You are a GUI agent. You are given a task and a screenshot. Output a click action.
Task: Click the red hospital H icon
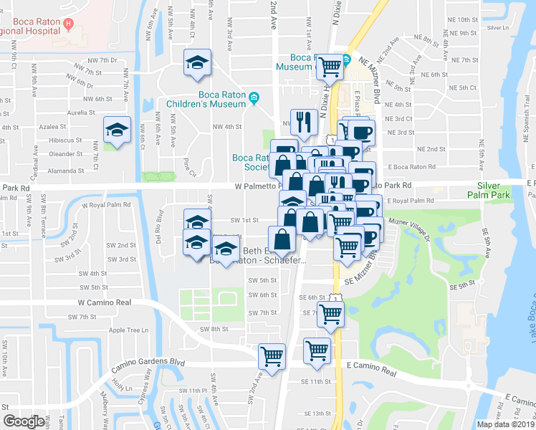[68, 24]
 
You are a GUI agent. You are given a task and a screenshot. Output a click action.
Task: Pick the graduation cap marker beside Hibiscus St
[117, 130]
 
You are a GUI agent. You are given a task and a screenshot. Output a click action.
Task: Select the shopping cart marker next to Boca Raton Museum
[330, 67]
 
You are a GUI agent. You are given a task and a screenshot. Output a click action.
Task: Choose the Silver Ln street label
[497, 28]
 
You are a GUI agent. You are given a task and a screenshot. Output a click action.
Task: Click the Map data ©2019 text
[505, 424]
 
